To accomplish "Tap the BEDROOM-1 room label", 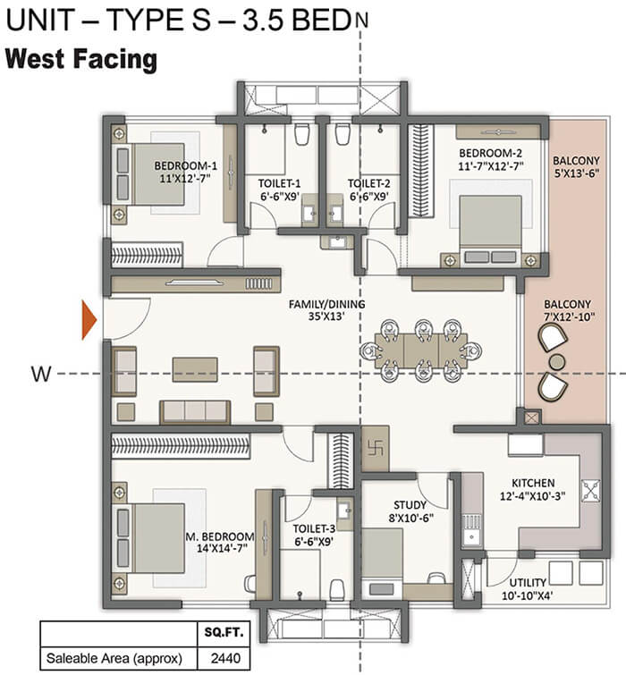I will [x=185, y=165].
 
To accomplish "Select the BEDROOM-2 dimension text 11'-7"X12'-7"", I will [x=492, y=165].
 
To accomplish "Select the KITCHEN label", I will [x=533, y=482].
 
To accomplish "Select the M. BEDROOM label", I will [x=220, y=536].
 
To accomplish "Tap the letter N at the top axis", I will [x=360, y=18].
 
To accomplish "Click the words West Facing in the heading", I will [x=81, y=61].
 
